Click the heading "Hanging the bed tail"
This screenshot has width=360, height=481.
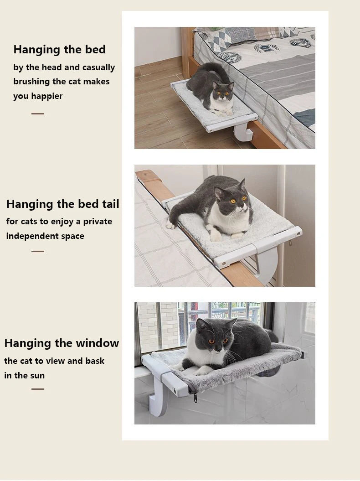pos(62,204)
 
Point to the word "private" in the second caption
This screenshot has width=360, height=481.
pos(98,222)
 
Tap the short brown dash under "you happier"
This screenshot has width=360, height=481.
pos(38,114)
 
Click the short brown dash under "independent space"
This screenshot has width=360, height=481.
pos(38,251)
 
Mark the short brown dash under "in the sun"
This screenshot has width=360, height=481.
pos(38,389)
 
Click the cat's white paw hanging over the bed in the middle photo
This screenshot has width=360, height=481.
pos(170,226)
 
